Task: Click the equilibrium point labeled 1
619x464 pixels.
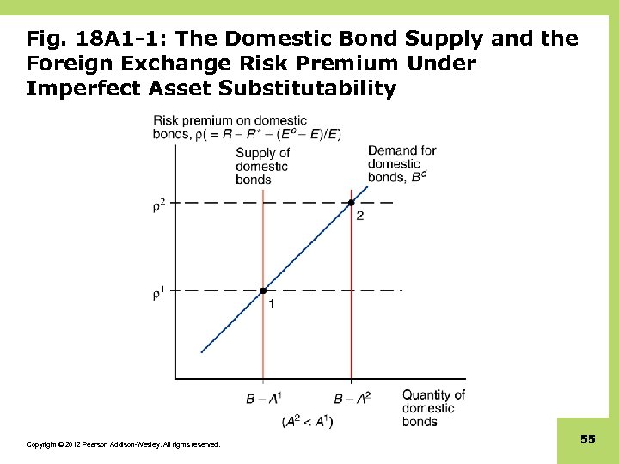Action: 263,290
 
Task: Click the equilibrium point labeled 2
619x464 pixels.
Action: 351,203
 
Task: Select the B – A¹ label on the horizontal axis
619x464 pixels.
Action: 263,398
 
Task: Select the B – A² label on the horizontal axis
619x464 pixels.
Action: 352,398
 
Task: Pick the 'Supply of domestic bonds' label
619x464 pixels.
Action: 262,166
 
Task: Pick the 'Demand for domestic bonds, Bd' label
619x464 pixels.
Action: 401,164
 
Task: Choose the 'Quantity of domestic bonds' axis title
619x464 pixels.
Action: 432,408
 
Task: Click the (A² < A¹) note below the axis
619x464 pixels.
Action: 307,421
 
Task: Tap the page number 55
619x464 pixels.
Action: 587,439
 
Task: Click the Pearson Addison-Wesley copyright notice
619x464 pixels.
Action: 123,444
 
